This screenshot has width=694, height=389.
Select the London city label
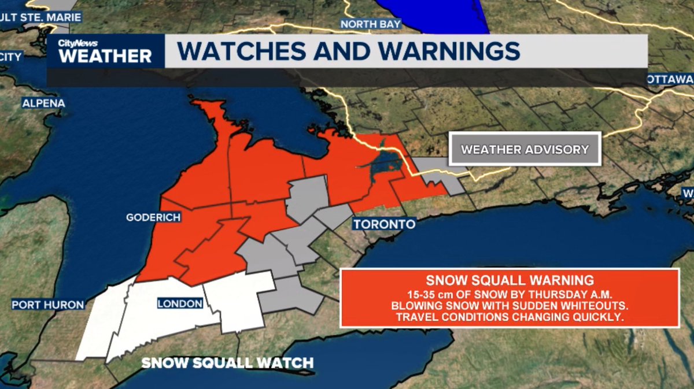coord(180,303)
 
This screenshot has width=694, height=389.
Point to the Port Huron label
coord(48,305)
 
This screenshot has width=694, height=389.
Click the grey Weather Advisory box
coord(525,150)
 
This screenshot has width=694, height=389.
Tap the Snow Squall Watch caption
coord(227,363)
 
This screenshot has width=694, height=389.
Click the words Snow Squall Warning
coord(510,280)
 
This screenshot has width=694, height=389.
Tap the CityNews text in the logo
coord(77,43)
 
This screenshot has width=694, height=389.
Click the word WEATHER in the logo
coord(105,56)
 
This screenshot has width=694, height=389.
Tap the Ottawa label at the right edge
coord(671,79)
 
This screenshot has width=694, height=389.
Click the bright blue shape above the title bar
coord(440,14)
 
